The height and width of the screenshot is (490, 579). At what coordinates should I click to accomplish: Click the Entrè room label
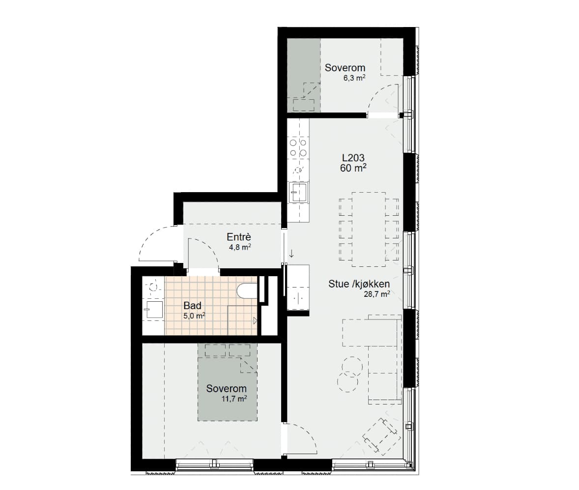click(x=239, y=237)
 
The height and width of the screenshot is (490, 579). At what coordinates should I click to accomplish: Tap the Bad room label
click(x=192, y=306)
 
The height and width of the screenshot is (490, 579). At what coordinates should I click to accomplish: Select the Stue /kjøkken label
click(x=359, y=284)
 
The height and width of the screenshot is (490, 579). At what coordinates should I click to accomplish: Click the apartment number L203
click(x=353, y=158)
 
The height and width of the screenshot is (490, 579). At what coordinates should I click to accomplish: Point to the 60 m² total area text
click(x=353, y=168)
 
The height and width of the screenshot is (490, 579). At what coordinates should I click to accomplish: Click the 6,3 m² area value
click(x=354, y=78)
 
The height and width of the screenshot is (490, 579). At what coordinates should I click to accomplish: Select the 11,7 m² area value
click(x=234, y=399)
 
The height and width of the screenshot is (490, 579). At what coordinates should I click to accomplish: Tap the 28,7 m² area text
click(x=377, y=294)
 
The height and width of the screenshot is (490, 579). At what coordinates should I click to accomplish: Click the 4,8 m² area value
click(x=240, y=247)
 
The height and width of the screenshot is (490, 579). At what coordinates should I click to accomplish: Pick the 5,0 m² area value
click(x=194, y=316)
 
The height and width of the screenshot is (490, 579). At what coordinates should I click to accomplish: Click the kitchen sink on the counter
click(x=298, y=192)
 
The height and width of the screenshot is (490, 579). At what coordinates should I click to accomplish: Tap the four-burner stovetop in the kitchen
click(x=298, y=147)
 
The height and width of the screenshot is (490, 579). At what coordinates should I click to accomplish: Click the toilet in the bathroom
click(x=247, y=290)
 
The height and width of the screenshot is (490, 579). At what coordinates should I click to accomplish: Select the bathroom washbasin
click(x=155, y=310)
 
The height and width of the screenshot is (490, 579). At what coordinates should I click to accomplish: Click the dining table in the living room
click(x=369, y=229)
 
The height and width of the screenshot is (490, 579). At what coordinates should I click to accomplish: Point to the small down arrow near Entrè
click(x=291, y=253)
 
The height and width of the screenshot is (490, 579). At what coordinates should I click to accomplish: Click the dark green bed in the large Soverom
click(x=227, y=382)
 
